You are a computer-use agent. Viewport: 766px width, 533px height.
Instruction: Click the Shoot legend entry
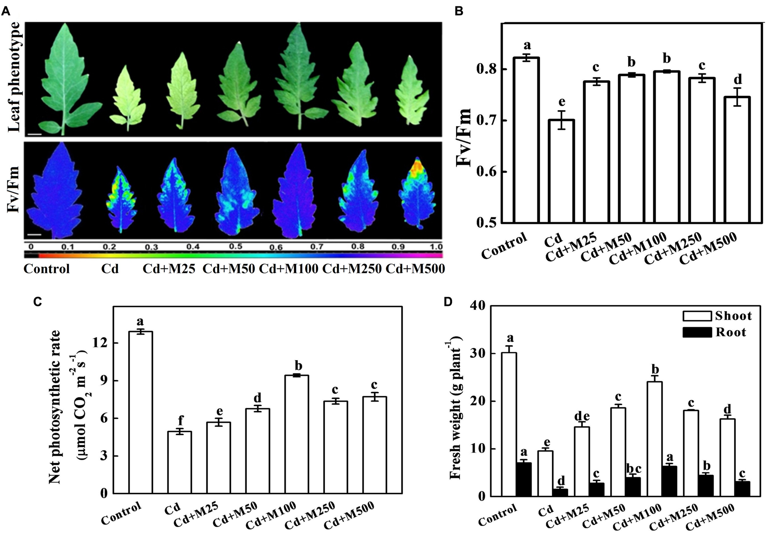pos(717,316)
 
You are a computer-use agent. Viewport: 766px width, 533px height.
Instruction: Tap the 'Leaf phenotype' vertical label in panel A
pos(14,77)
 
